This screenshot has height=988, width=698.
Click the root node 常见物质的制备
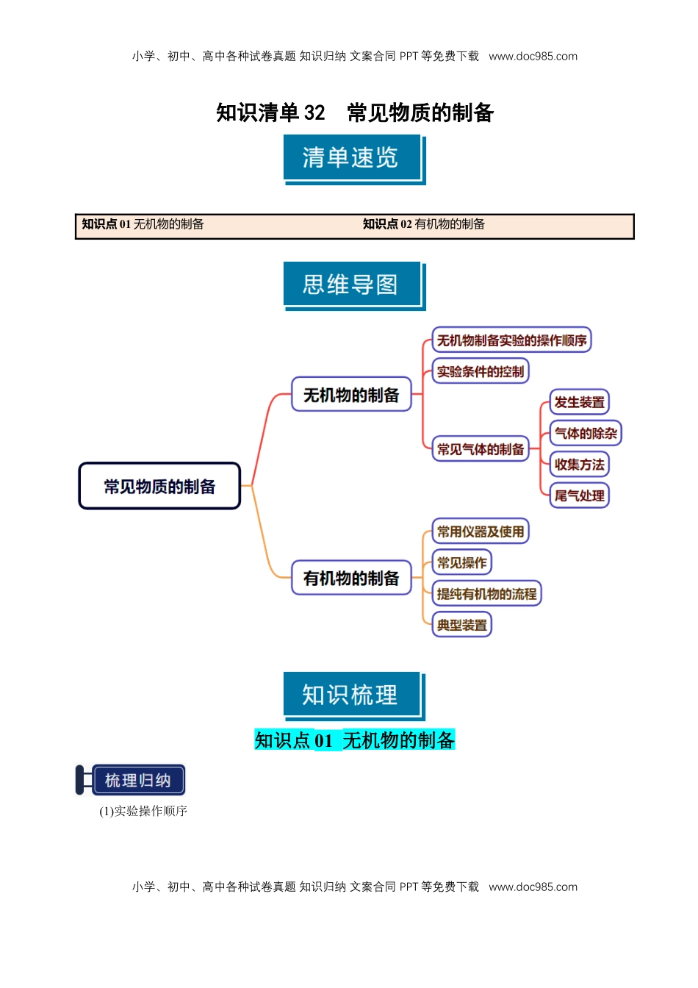coord(159,486)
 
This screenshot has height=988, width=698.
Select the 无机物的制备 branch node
coord(351,395)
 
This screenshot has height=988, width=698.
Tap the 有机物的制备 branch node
coord(351,578)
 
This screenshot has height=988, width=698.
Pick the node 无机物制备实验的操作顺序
coord(511,340)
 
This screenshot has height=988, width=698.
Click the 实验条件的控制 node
coord(481,371)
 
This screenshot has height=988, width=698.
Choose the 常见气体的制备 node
coord(481,448)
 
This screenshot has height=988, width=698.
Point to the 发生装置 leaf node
coord(579,402)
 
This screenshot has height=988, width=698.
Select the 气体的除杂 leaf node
coord(586,433)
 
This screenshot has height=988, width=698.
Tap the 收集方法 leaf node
coord(579,464)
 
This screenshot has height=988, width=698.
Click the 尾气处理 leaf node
coord(579,495)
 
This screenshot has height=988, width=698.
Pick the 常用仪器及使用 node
coord(481,531)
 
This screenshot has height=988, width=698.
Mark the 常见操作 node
coord(461,562)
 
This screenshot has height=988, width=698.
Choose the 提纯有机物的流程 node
coord(486,593)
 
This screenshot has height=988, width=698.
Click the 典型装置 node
coord(461,625)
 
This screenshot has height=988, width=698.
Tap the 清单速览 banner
coord(351,158)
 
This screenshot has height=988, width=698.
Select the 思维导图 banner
coord(351,284)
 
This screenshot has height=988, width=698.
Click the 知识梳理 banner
coord(351,695)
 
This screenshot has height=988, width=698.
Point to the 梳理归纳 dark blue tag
coord(137,780)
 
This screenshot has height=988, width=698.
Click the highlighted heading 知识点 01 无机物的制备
coord(355,740)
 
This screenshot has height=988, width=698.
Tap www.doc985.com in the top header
coord(533,56)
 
